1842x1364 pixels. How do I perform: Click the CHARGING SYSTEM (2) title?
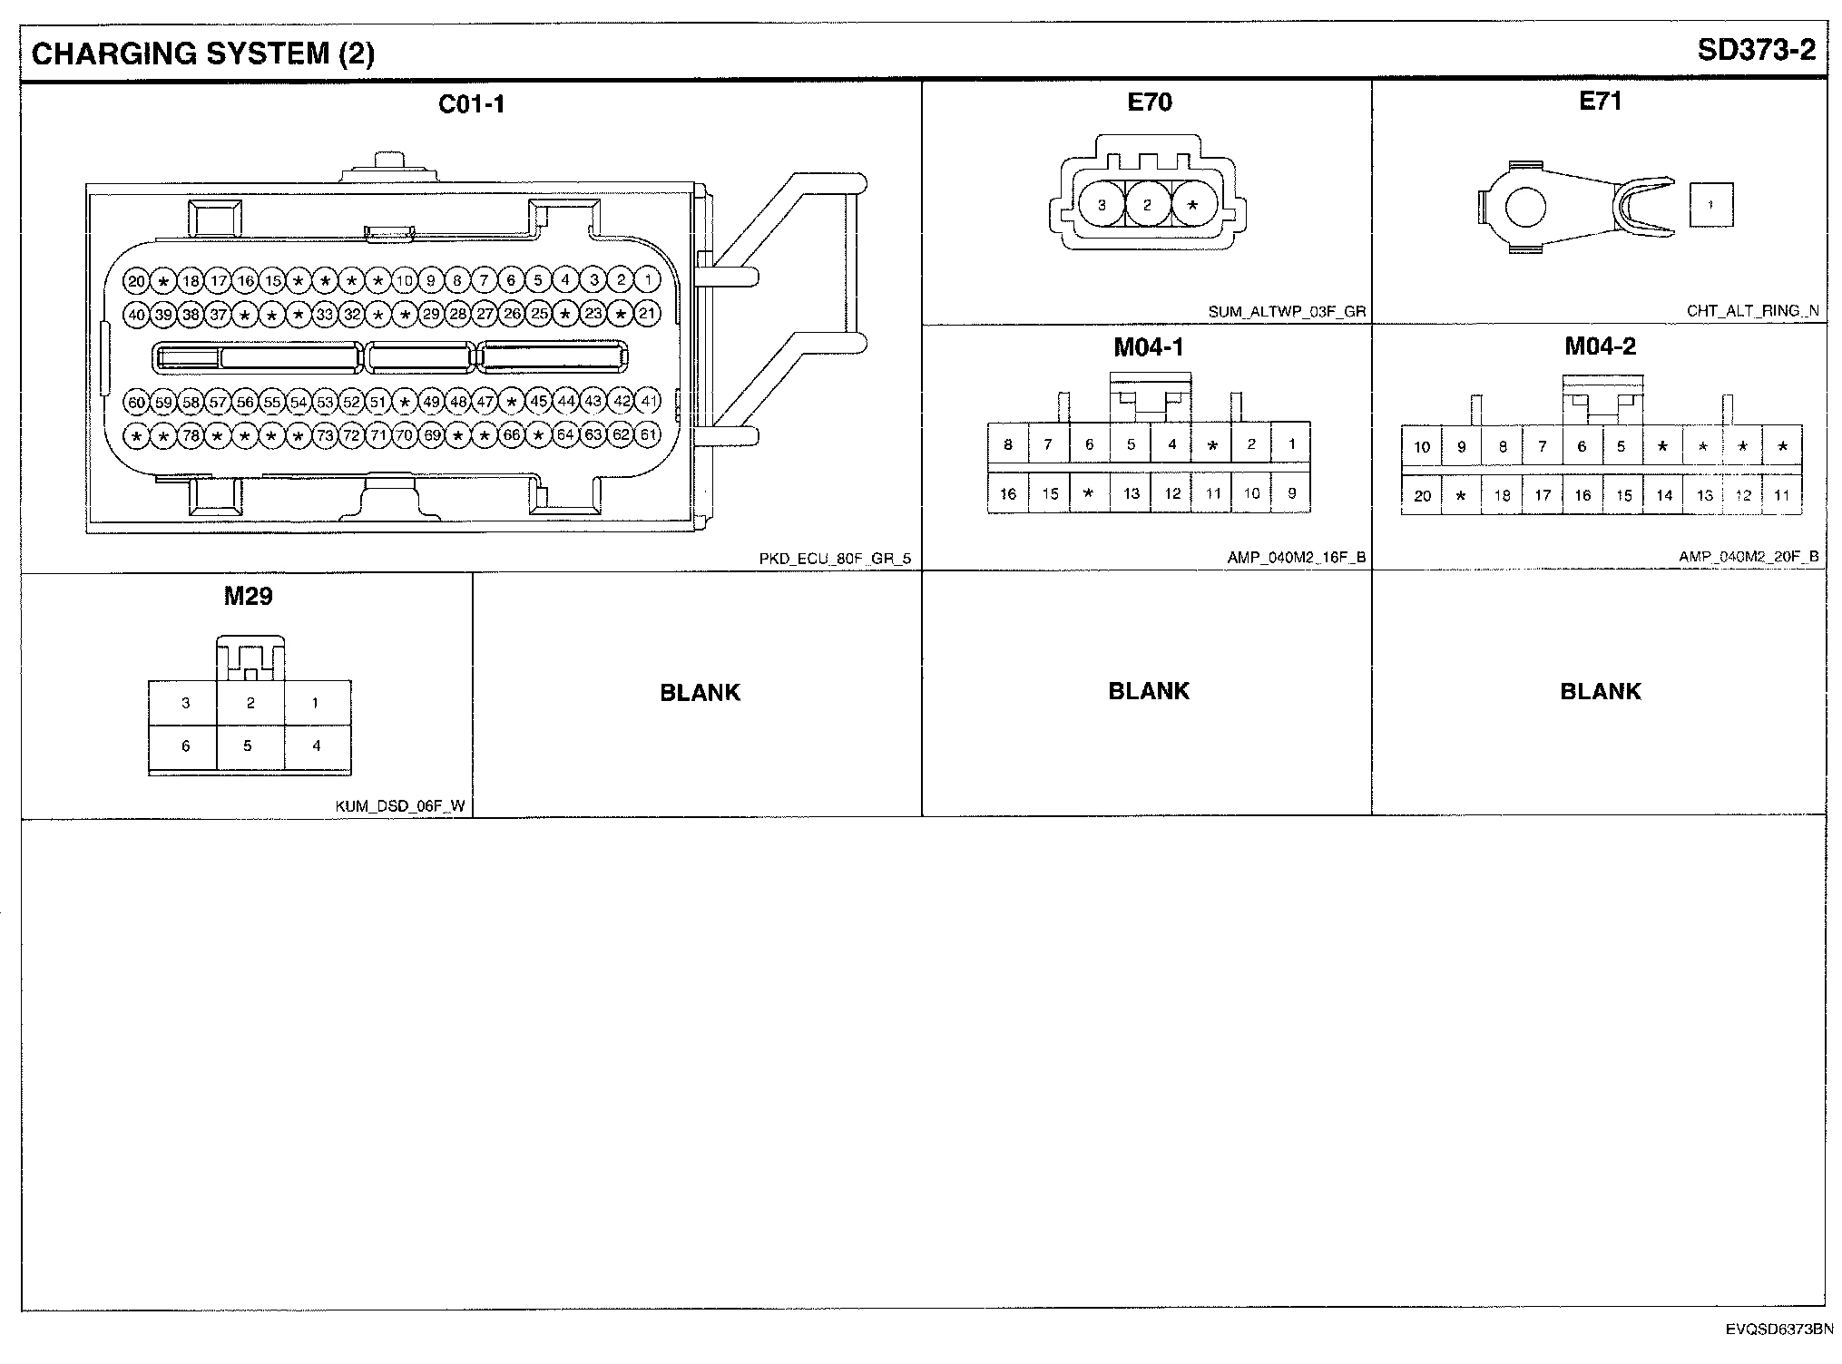[203, 54]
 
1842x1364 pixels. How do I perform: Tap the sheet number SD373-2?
[1757, 50]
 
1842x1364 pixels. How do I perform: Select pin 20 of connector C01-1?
[136, 281]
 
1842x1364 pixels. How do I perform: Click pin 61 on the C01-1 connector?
[648, 435]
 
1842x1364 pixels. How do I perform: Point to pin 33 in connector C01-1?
[325, 315]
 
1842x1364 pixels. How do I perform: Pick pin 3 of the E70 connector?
[1102, 205]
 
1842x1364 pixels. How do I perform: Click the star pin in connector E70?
[1193, 205]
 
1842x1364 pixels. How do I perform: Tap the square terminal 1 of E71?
[1710, 205]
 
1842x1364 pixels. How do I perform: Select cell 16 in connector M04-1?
[1008, 493]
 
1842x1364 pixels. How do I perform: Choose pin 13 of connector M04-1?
[1131, 493]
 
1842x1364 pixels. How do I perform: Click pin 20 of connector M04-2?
[1422, 496]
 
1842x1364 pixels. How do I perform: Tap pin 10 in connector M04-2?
[1422, 446]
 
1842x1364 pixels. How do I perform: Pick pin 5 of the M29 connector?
[248, 745]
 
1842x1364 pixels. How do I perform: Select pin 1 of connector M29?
[316, 703]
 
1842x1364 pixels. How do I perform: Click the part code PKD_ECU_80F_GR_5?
[835, 559]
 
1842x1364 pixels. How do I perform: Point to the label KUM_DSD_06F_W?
[400, 805]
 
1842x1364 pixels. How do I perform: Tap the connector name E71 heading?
[1600, 102]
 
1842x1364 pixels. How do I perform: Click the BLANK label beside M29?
[700, 693]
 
